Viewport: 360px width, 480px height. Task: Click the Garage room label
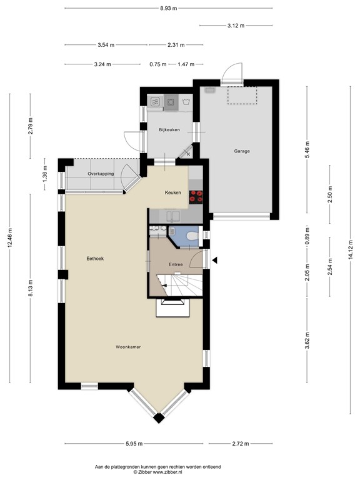242,151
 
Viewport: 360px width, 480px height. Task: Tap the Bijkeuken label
169,130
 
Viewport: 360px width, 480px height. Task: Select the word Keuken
173,192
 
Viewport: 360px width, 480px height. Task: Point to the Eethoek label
95,258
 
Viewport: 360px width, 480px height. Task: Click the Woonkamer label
128,347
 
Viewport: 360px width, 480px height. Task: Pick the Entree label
176,264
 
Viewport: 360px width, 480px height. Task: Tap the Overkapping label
101,174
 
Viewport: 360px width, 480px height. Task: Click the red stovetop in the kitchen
196,197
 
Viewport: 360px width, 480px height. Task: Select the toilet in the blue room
192,236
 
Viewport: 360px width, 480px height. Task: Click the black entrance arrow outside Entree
215,260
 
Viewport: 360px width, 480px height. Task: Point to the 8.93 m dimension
168,8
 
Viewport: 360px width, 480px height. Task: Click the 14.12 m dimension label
351,250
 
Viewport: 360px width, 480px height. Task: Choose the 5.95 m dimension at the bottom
134,444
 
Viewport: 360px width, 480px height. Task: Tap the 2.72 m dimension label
241,444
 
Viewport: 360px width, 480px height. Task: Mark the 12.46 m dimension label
10,237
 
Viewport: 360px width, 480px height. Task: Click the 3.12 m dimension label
236,26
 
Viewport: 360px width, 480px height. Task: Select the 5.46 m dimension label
307,150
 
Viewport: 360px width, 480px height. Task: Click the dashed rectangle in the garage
242,96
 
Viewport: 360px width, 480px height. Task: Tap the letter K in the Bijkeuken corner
189,154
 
